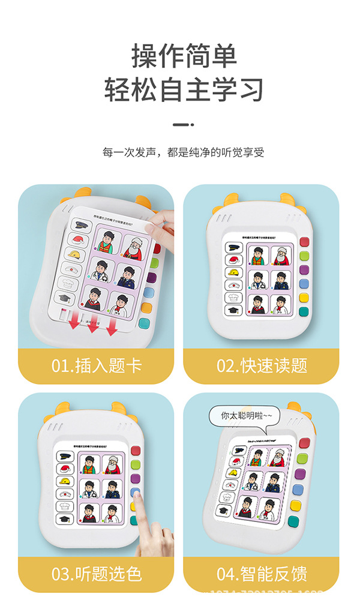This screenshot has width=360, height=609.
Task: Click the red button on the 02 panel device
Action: pos(304,242)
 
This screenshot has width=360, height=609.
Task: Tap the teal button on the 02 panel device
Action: pos(304,311)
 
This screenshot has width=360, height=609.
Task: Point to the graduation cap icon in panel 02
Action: pos(233,311)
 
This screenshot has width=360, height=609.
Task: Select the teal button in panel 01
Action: pos(144,324)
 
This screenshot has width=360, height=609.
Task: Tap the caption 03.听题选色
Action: pos(96,574)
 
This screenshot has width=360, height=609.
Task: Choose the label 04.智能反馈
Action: pos(261,574)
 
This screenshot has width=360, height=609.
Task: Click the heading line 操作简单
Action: pos(184,56)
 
